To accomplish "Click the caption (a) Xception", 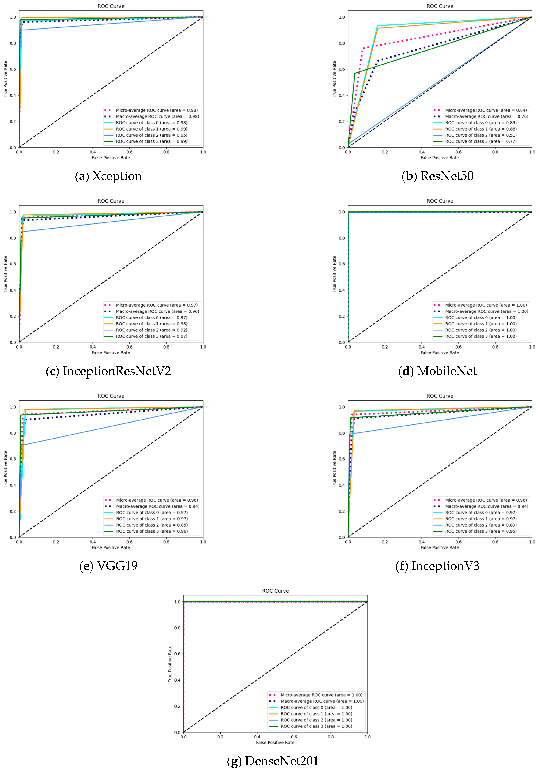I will pyautogui.click(x=108, y=176).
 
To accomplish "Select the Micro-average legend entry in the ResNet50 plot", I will pyautogui.click(x=485, y=110).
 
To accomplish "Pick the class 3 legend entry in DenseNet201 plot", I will pyautogui.click(x=316, y=726).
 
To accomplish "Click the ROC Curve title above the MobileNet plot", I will pyautogui.click(x=440, y=201).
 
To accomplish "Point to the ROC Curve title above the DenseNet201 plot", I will pyautogui.click(x=275, y=591).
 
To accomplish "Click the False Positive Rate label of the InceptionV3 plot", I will pyautogui.click(x=440, y=547).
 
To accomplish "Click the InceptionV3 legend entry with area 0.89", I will pyautogui.click(x=480, y=525).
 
